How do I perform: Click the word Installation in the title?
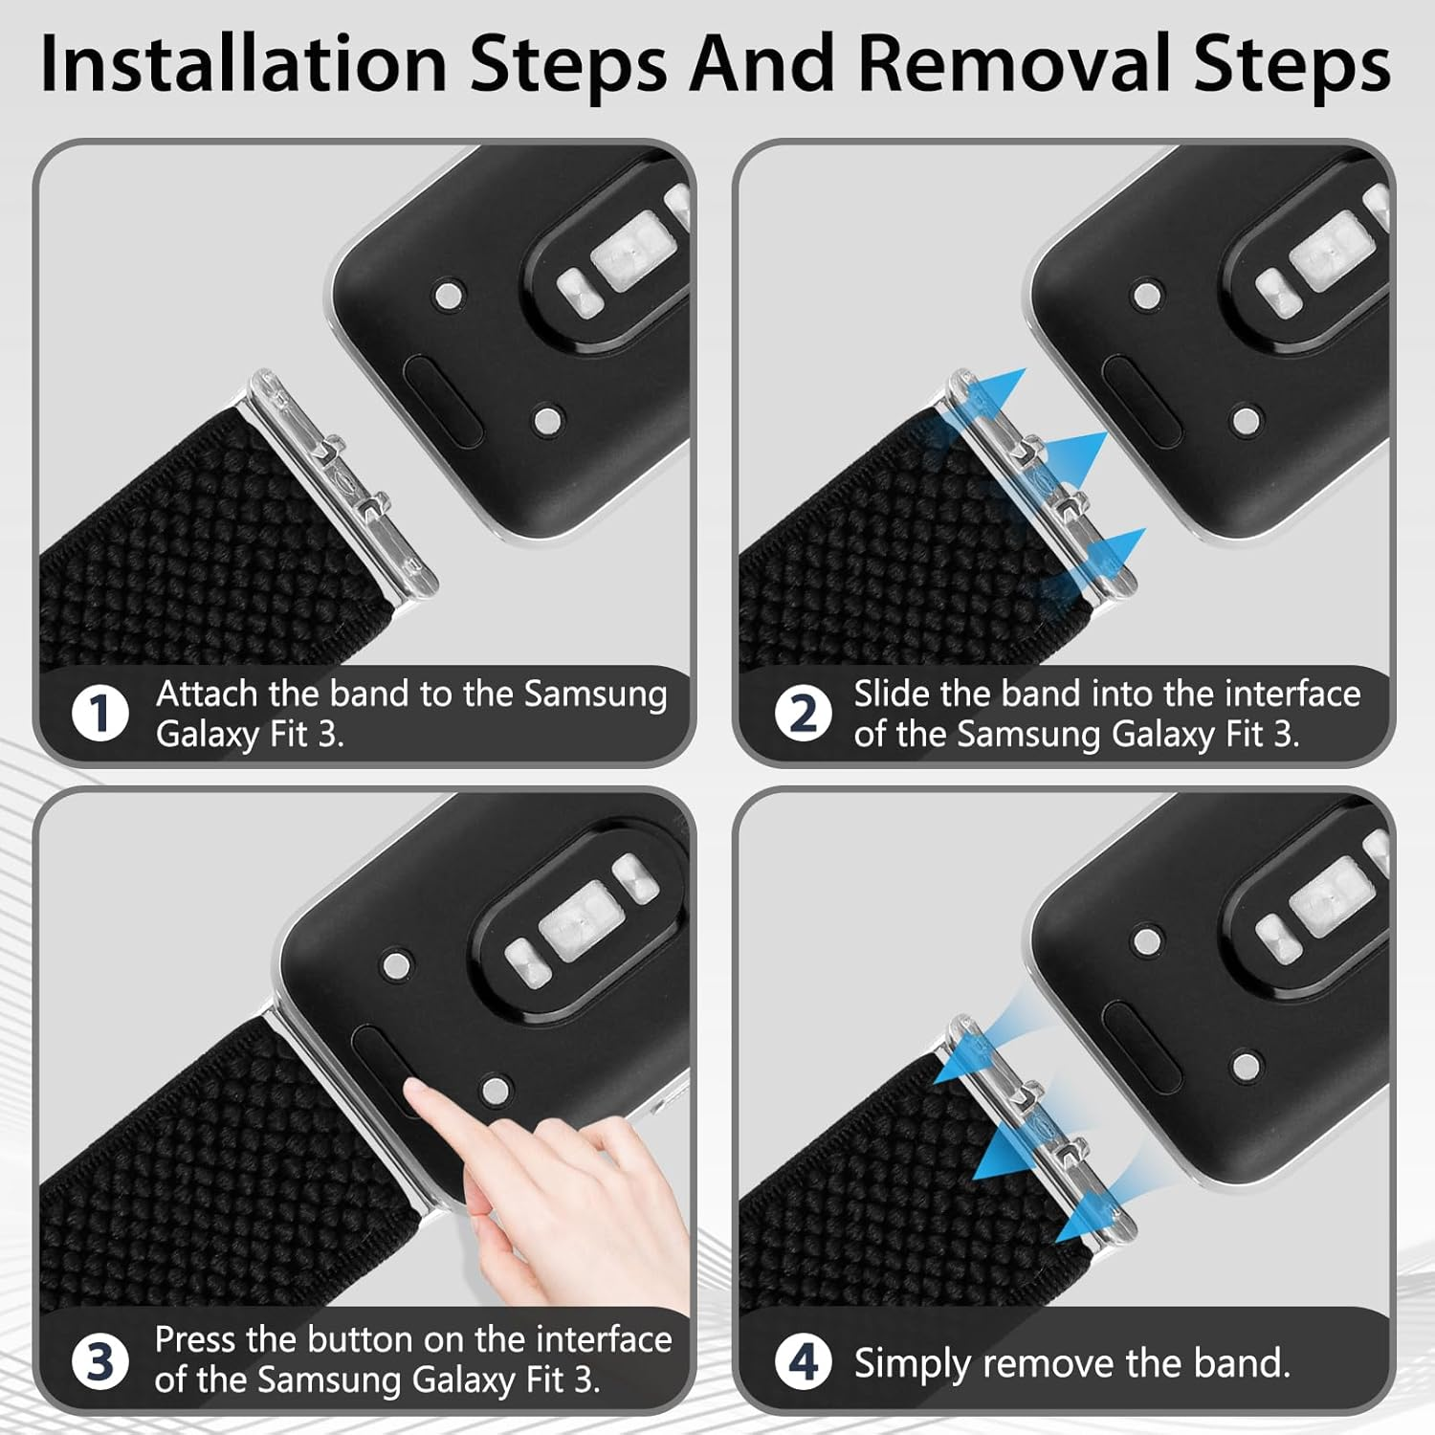(x=244, y=64)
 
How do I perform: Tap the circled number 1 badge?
(x=99, y=714)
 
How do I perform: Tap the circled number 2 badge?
(x=803, y=714)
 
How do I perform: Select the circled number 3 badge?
(x=99, y=1361)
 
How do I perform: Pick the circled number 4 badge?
(x=803, y=1361)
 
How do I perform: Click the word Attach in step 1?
(x=207, y=694)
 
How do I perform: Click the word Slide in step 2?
(x=893, y=693)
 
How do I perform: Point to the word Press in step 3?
(x=195, y=1339)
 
